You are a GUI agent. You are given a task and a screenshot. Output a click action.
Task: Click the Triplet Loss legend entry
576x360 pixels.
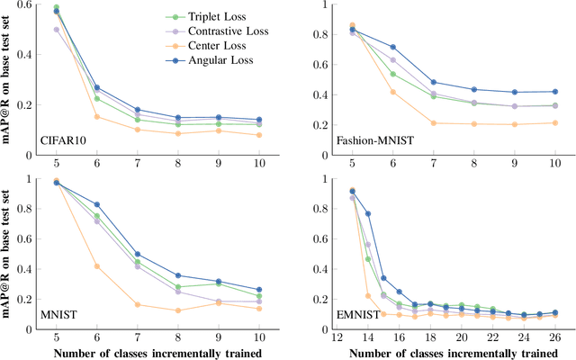[198, 16]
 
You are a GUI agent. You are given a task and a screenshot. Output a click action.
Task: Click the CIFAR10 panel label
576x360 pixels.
[67, 140]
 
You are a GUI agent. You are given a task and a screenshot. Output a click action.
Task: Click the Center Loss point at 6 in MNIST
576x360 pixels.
[96, 266]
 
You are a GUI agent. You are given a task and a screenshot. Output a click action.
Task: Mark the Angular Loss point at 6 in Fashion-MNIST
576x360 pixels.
[392, 47]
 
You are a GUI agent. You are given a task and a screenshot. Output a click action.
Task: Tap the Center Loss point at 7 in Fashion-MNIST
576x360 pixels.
[433, 123]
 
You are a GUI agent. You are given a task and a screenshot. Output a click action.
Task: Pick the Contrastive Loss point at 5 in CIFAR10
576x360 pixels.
[56, 29]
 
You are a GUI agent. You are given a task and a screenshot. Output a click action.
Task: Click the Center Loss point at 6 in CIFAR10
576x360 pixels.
[96, 117]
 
